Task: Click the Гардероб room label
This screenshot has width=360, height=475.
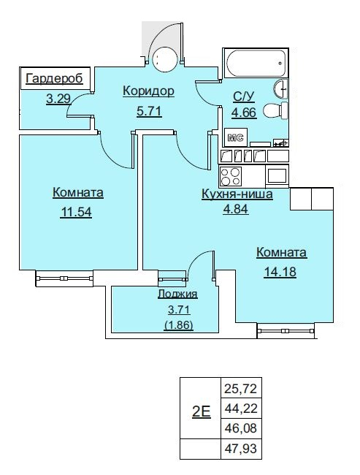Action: (x=54, y=78)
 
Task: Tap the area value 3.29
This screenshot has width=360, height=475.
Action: (x=58, y=99)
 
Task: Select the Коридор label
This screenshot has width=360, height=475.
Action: (x=148, y=91)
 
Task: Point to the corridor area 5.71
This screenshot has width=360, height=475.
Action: (x=149, y=112)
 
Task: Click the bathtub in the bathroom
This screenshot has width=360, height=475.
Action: (x=256, y=64)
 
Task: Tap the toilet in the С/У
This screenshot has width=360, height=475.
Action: (x=275, y=110)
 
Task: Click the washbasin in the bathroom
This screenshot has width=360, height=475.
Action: (x=280, y=88)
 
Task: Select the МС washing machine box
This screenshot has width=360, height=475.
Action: (x=236, y=138)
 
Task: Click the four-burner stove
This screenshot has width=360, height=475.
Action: (x=231, y=176)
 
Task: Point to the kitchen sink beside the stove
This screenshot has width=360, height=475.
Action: (x=277, y=175)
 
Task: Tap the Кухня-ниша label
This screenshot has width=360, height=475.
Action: (x=237, y=194)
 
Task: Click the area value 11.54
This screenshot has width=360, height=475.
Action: (x=76, y=212)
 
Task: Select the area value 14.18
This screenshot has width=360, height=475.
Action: (x=280, y=272)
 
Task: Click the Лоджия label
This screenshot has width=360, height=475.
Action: (x=177, y=294)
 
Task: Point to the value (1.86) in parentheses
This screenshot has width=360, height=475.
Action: (x=179, y=325)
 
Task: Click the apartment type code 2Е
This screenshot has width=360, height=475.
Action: (x=202, y=412)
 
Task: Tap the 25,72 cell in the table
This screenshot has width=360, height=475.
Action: (x=241, y=388)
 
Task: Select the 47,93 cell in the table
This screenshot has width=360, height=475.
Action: (x=241, y=449)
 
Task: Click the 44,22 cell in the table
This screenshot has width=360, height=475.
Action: (x=241, y=408)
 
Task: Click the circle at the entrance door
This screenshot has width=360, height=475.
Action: (x=165, y=59)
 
